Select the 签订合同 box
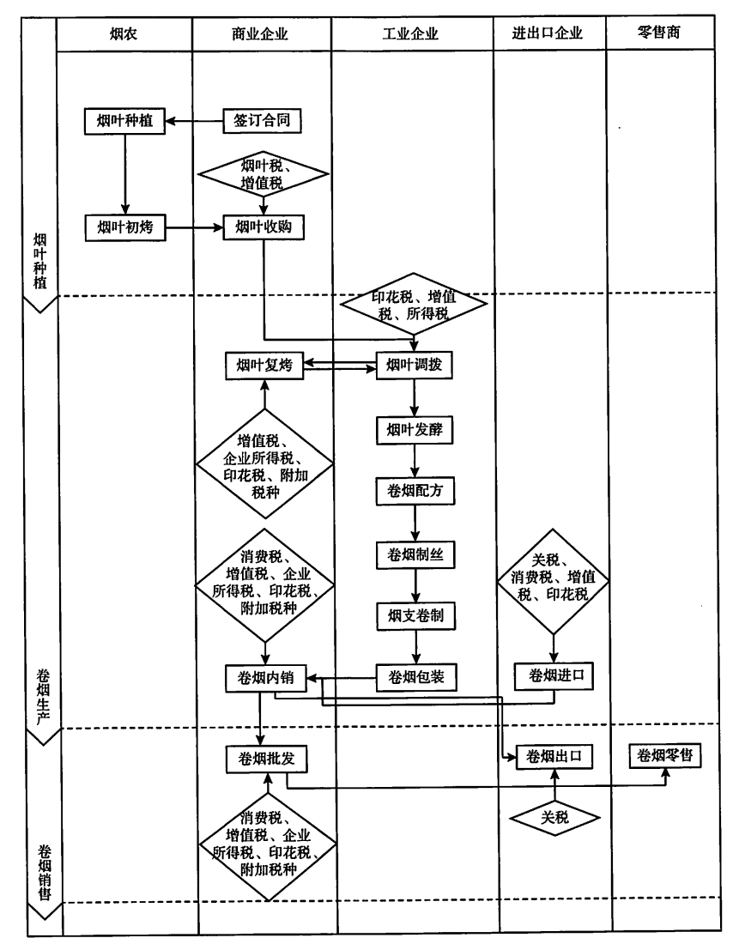263,121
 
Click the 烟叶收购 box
263,227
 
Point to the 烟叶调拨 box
415,366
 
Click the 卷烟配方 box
415,492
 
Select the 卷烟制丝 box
415,554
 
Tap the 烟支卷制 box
415,615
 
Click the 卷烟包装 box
415,677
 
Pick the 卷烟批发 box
266,759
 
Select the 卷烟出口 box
554,757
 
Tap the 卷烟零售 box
664,756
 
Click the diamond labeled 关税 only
554,817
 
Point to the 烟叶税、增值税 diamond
263,173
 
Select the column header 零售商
661,34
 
